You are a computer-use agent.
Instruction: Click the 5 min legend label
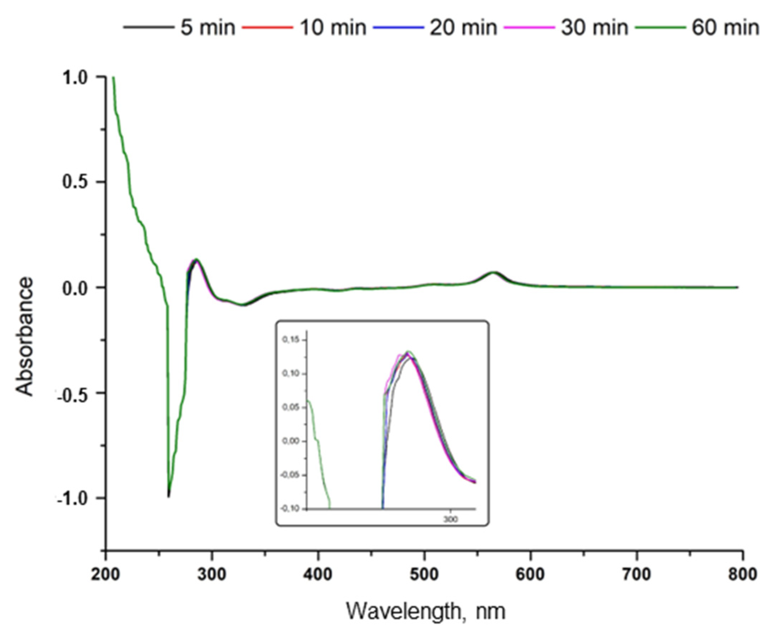pyautogui.click(x=207, y=27)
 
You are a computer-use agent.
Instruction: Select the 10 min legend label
pyautogui.click(x=333, y=27)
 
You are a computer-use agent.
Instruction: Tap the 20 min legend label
pyautogui.click(x=463, y=27)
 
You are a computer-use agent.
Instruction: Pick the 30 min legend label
pyautogui.click(x=594, y=27)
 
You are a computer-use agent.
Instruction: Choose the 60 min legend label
pyautogui.click(x=725, y=27)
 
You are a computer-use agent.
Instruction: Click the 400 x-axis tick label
pyautogui.click(x=318, y=574)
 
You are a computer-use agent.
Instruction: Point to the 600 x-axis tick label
pyautogui.click(x=530, y=574)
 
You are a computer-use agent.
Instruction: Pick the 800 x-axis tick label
pyautogui.click(x=742, y=574)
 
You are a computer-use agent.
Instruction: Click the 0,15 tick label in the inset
pyautogui.click(x=290, y=340)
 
